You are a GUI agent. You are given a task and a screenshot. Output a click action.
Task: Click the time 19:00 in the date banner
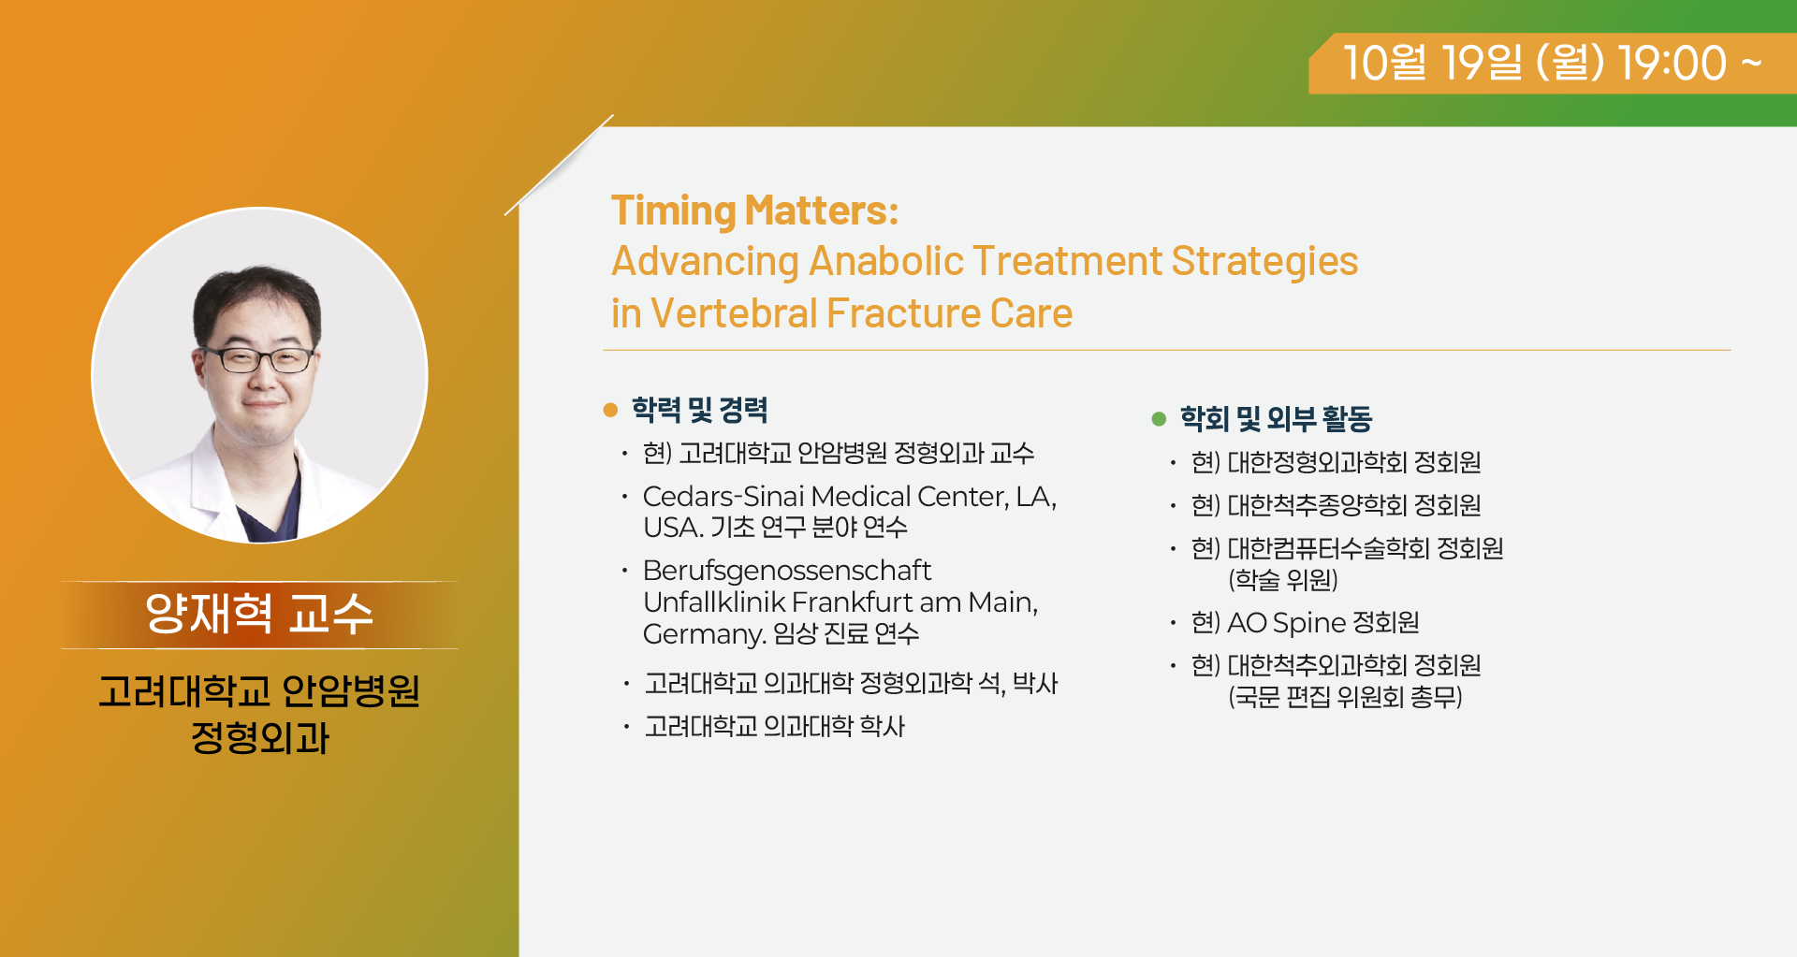click(1673, 63)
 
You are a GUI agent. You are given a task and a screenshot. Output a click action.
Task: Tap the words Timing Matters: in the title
click(754, 210)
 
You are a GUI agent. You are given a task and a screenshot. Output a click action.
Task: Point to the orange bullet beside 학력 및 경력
click(611, 410)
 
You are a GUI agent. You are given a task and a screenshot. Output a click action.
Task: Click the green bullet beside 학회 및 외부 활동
click(1159, 419)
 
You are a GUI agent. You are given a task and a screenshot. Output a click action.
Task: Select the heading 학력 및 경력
click(699, 410)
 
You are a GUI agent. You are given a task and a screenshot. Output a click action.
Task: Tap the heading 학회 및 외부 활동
click(1276, 418)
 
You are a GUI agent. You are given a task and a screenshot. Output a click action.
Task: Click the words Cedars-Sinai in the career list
click(723, 496)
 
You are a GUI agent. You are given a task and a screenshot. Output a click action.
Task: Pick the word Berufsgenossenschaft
click(787, 570)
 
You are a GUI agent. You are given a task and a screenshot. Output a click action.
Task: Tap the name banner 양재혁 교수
click(259, 615)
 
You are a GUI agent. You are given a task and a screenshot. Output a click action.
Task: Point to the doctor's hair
click(256, 304)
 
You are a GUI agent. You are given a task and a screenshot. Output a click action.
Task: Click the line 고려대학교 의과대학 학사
click(775, 727)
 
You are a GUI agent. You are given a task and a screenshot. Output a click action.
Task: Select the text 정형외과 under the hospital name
click(260, 738)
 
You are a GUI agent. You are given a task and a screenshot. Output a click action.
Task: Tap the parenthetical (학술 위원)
click(1283, 580)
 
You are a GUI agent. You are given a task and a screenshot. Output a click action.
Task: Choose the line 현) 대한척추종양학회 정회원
click(1337, 505)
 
